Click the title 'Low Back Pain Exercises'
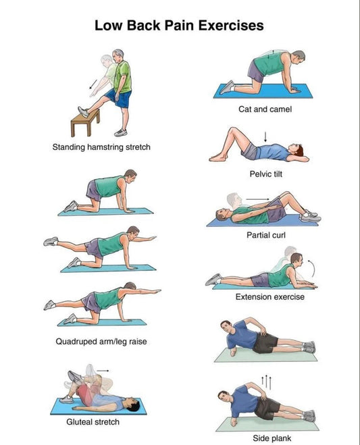coord(179,26)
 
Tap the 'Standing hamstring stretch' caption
coord(101,147)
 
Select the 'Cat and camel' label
coord(265,109)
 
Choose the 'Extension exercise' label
coord(269,296)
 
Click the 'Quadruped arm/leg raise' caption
coord(101,342)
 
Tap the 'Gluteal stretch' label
coord(93,422)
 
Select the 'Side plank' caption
coord(272,438)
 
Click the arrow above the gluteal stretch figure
coord(103,370)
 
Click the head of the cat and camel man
coord(297,57)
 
